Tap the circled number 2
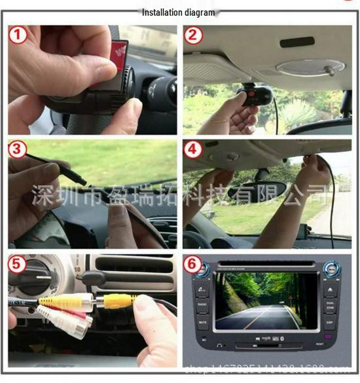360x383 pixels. [x=193, y=35]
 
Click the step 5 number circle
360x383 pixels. [x=18, y=264]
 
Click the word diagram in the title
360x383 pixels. [x=200, y=12]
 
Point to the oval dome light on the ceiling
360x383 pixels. [x=310, y=67]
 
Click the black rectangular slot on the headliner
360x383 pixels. [x=296, y=43]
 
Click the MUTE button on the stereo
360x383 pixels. [x=202, y=322]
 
